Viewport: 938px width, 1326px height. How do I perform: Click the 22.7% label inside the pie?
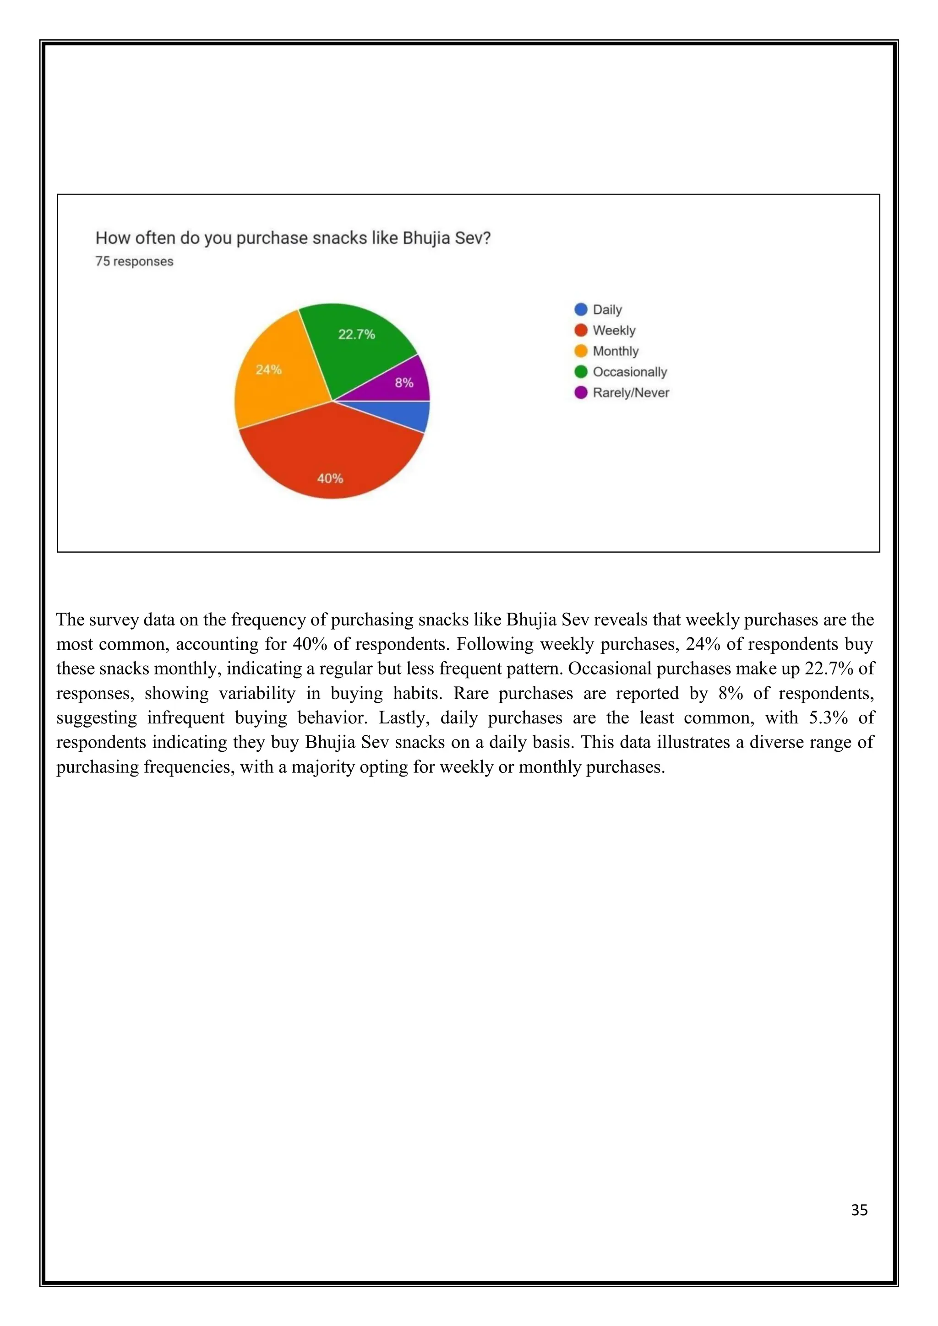(x=356, y=334)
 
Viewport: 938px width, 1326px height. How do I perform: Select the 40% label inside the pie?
(x=330, y=478)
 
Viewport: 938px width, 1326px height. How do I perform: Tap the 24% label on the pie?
(x=268, y=370)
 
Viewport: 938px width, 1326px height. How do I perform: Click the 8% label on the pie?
(x=404, y=383)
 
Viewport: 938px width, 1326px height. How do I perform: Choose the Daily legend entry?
(x=606, y=310)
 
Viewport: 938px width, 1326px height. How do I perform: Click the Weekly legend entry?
(x=613, y=330)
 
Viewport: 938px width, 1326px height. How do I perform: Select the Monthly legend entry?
(x=615, y=351)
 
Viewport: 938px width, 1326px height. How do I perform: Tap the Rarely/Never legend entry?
(x=630, y=393)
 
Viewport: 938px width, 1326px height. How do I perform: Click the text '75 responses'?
(x=134, y=261)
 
